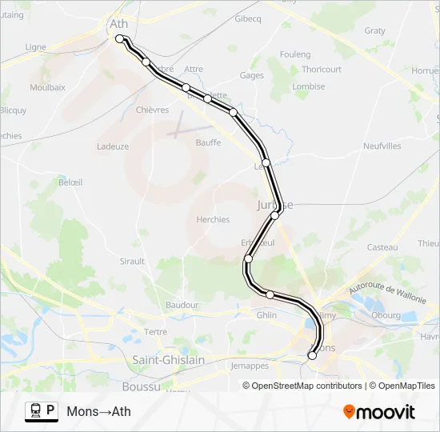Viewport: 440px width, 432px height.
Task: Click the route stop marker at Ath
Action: pos(119,38)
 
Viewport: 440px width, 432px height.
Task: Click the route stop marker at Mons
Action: pos(312,356)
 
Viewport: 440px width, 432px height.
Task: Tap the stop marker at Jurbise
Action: pos(274,215)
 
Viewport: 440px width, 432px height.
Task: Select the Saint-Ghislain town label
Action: pos(168,361)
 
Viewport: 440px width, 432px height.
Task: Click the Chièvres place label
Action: pos(152,110)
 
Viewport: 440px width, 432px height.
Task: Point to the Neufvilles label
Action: pos(382,146)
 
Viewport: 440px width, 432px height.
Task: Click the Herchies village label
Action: pos(213,219)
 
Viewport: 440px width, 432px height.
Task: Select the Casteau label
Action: pos(382,247)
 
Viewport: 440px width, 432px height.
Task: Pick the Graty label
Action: pos(374,30)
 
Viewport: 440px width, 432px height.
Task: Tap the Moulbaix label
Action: pos(46,86)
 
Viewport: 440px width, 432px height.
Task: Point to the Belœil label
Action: pos(70,182)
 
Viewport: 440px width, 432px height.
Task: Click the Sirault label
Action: pos(132,261)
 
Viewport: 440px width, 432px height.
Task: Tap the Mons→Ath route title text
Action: pos(98,412)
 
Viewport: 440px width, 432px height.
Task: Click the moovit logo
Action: pos(379,412)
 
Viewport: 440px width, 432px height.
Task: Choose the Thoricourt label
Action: pos(322,70)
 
